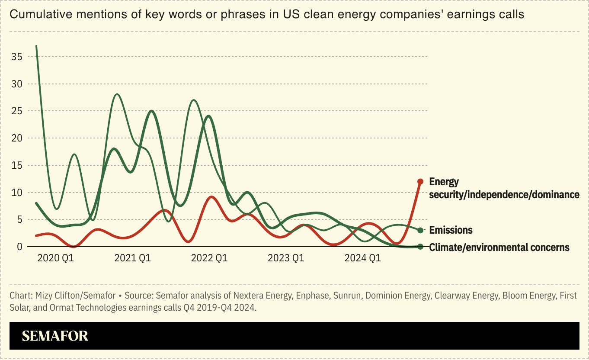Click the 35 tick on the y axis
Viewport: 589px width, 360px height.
coord(16,57)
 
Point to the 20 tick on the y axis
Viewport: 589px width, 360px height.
coord(16,138)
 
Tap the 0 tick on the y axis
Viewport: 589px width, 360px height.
coord(19,247)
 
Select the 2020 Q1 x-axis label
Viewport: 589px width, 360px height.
coord(56,258)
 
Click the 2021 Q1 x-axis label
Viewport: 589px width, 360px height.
coord(132,258)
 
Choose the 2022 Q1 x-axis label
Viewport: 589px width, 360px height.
coord(209,258)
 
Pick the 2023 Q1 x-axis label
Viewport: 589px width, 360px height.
coord(286,258)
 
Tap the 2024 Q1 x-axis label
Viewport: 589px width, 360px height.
coord(362,258)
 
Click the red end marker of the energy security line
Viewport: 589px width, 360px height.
coord(420,181)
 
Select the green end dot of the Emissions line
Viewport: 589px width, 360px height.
coord(420,230)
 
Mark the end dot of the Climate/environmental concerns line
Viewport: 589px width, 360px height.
coord(420,247)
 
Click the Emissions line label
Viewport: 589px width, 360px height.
coord(451,230)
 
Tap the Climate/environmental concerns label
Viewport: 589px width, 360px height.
coord(499,247)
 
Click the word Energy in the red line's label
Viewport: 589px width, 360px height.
coord(444,182)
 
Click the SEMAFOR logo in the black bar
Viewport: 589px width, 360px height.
coord(55,336)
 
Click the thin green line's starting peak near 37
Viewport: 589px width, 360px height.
coord(36,46)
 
